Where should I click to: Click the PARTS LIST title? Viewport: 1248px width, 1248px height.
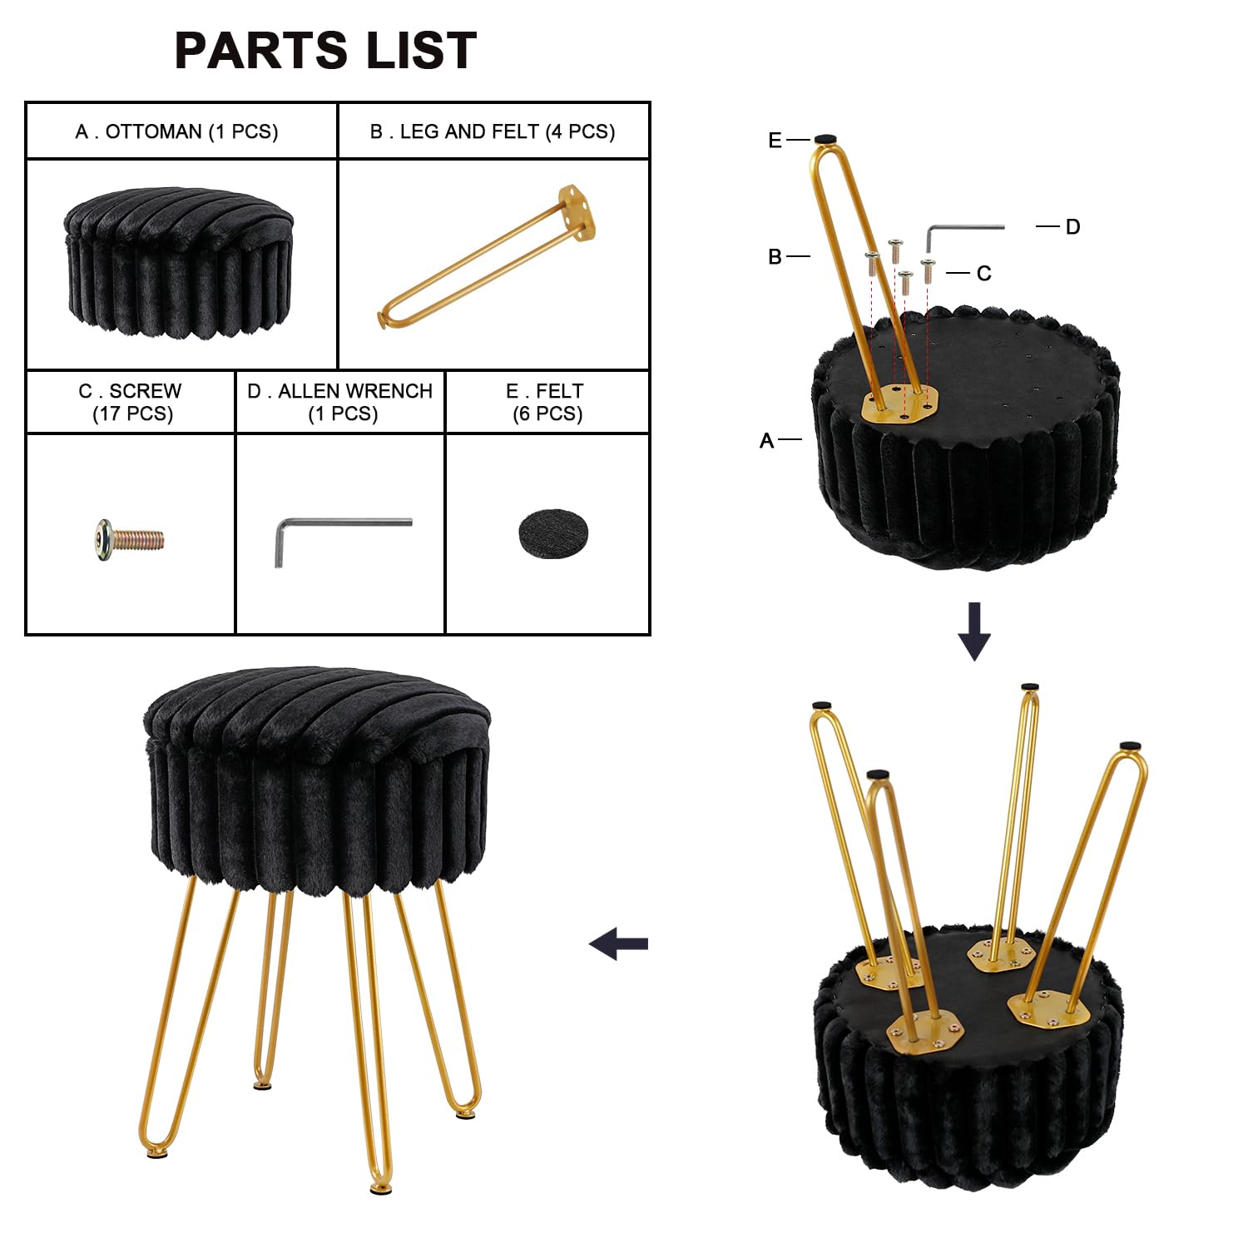click(x=325, y=50)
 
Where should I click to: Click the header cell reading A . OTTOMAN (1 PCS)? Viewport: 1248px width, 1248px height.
click(x=176, y=131)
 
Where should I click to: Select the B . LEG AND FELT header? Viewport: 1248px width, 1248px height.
click(x=493, y=131)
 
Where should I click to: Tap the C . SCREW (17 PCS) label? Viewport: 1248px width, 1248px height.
click(x=131, y=402)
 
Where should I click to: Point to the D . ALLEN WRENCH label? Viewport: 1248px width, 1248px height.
click(x=340, y=402)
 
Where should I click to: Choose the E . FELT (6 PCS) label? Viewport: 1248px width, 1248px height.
click(x=547, y=402)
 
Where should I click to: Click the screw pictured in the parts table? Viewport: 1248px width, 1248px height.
click(x=129, y=538)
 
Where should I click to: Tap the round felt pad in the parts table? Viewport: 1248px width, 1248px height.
click(x=552, y=533)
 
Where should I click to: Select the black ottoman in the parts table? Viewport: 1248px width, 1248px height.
click(x=178, y=261)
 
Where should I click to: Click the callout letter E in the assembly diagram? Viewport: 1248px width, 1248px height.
click(x=775, y=141)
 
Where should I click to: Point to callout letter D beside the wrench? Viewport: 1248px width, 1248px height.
click(x=1072, y=227)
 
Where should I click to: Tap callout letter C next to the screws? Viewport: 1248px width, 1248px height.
click(x=983, y=274)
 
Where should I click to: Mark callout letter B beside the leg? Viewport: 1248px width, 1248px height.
click(x=775, y=257)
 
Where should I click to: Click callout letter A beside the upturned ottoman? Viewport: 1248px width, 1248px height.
click(x=766, y=441)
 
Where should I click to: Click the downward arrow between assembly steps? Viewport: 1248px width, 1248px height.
click(x=974, y=631)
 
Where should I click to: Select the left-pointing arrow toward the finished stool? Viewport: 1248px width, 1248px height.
click(x=618, y=943)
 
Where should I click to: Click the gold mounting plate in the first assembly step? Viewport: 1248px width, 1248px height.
click(x=899, y=405)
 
